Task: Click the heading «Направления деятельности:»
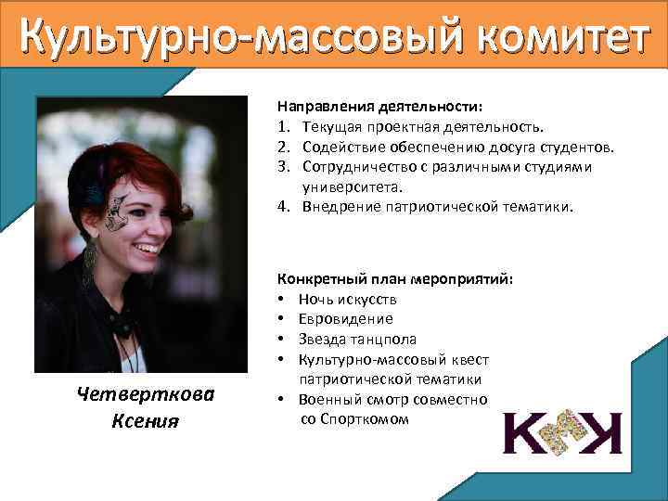[x=355, y=107]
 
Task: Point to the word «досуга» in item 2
[x=523, y=147]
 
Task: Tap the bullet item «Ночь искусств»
[x=348, y=299]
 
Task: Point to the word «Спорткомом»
[x=364, y=419]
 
